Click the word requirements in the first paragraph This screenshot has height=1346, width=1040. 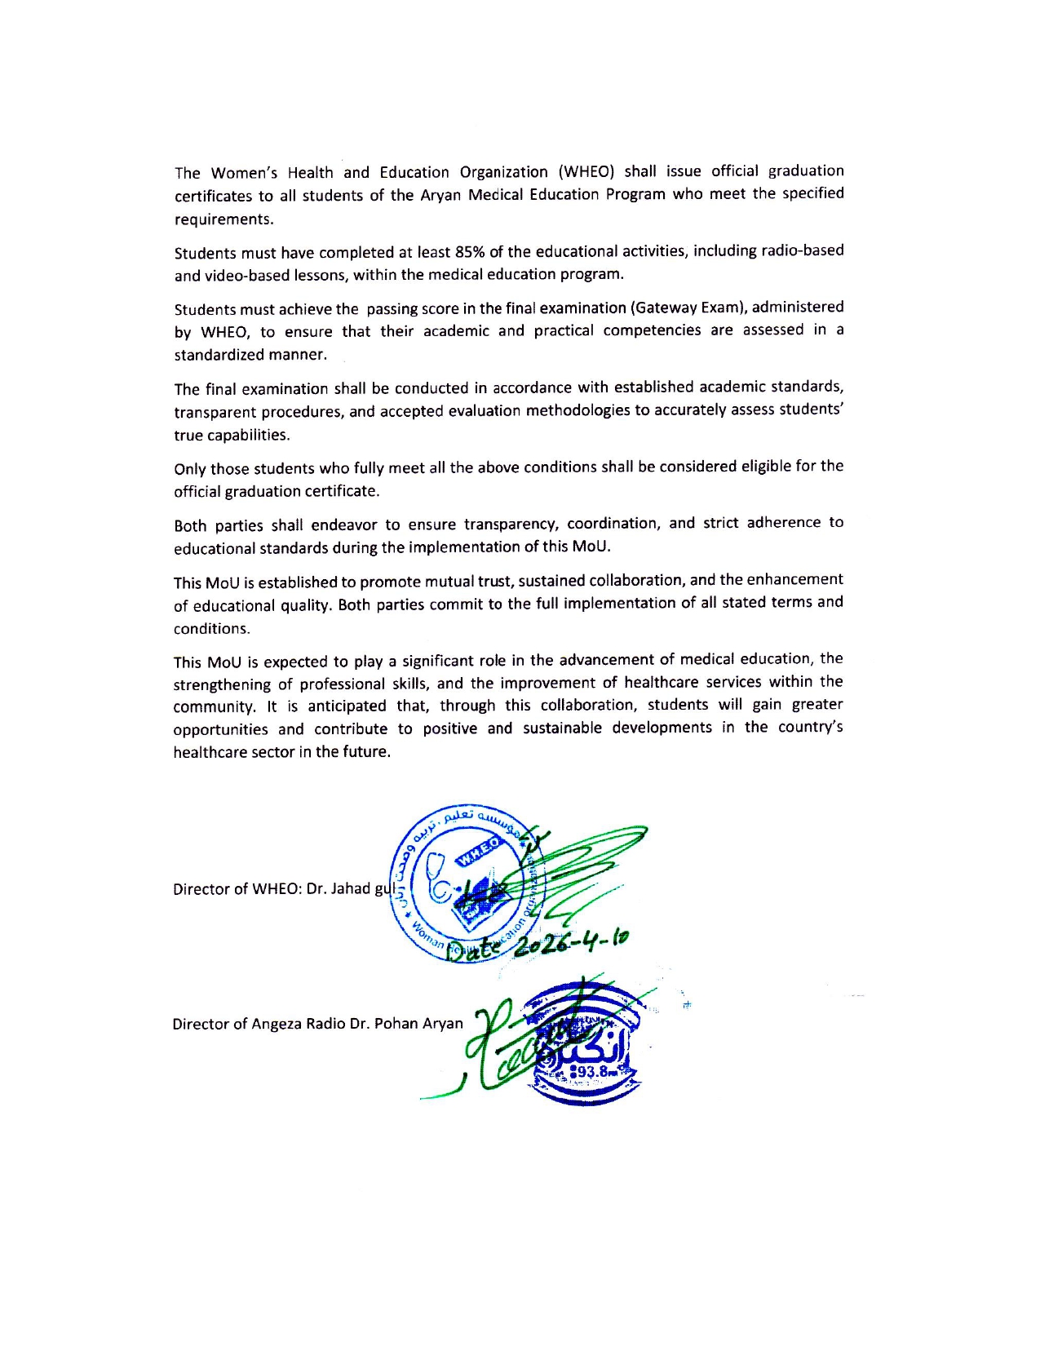223,219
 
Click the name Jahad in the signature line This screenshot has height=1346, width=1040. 351,888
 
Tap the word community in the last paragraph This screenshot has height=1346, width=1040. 214,706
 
